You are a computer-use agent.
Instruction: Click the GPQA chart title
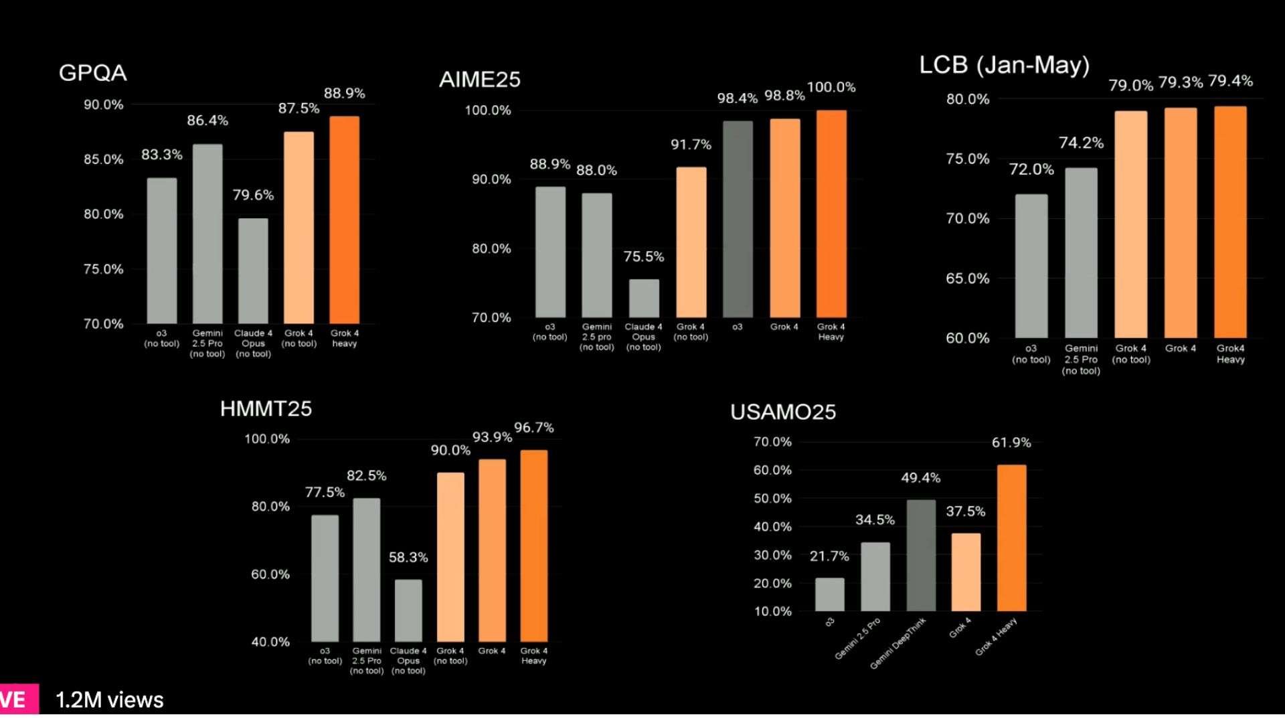point(92,72)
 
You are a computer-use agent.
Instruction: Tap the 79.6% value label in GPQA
point(253,195)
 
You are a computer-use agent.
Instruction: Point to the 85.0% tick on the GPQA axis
point(103,159)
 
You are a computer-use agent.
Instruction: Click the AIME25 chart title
point(479,80)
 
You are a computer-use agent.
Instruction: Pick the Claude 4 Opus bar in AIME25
point(644,298)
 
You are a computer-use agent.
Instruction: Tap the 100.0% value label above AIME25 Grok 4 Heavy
point(831,87)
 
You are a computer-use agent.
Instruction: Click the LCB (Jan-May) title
point(1004,65)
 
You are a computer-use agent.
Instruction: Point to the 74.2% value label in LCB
point(1081,143)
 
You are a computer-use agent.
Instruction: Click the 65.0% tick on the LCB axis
point(967,278)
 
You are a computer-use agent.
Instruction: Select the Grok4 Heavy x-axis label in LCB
point(1230,353)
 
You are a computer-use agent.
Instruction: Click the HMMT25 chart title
point(266,408)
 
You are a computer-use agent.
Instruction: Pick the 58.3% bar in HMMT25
point(408,610)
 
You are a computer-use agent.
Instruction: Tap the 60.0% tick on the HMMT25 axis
point(270,574)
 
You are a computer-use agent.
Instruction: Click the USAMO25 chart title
point(783,412)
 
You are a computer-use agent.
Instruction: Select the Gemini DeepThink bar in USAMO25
point(921,555)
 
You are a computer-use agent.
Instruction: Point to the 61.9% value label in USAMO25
point(1011,443)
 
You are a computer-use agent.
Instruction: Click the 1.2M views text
point(109,700)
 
